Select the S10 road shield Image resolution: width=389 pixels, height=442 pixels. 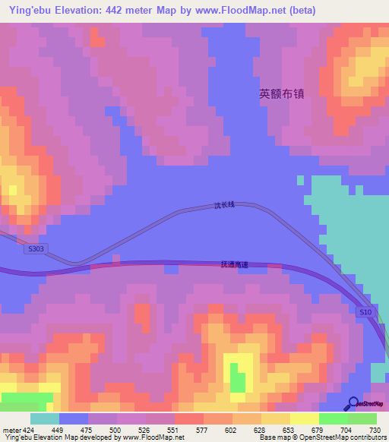[365, 311]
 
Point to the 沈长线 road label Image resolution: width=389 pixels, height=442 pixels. [225, 205]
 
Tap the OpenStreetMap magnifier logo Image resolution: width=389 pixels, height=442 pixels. [353, 403]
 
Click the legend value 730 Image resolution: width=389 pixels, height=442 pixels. [376, 429]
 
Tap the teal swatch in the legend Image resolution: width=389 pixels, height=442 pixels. [45, 418]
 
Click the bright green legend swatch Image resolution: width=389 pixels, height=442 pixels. [334, 418]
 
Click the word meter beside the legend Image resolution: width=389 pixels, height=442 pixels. [11, 429]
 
